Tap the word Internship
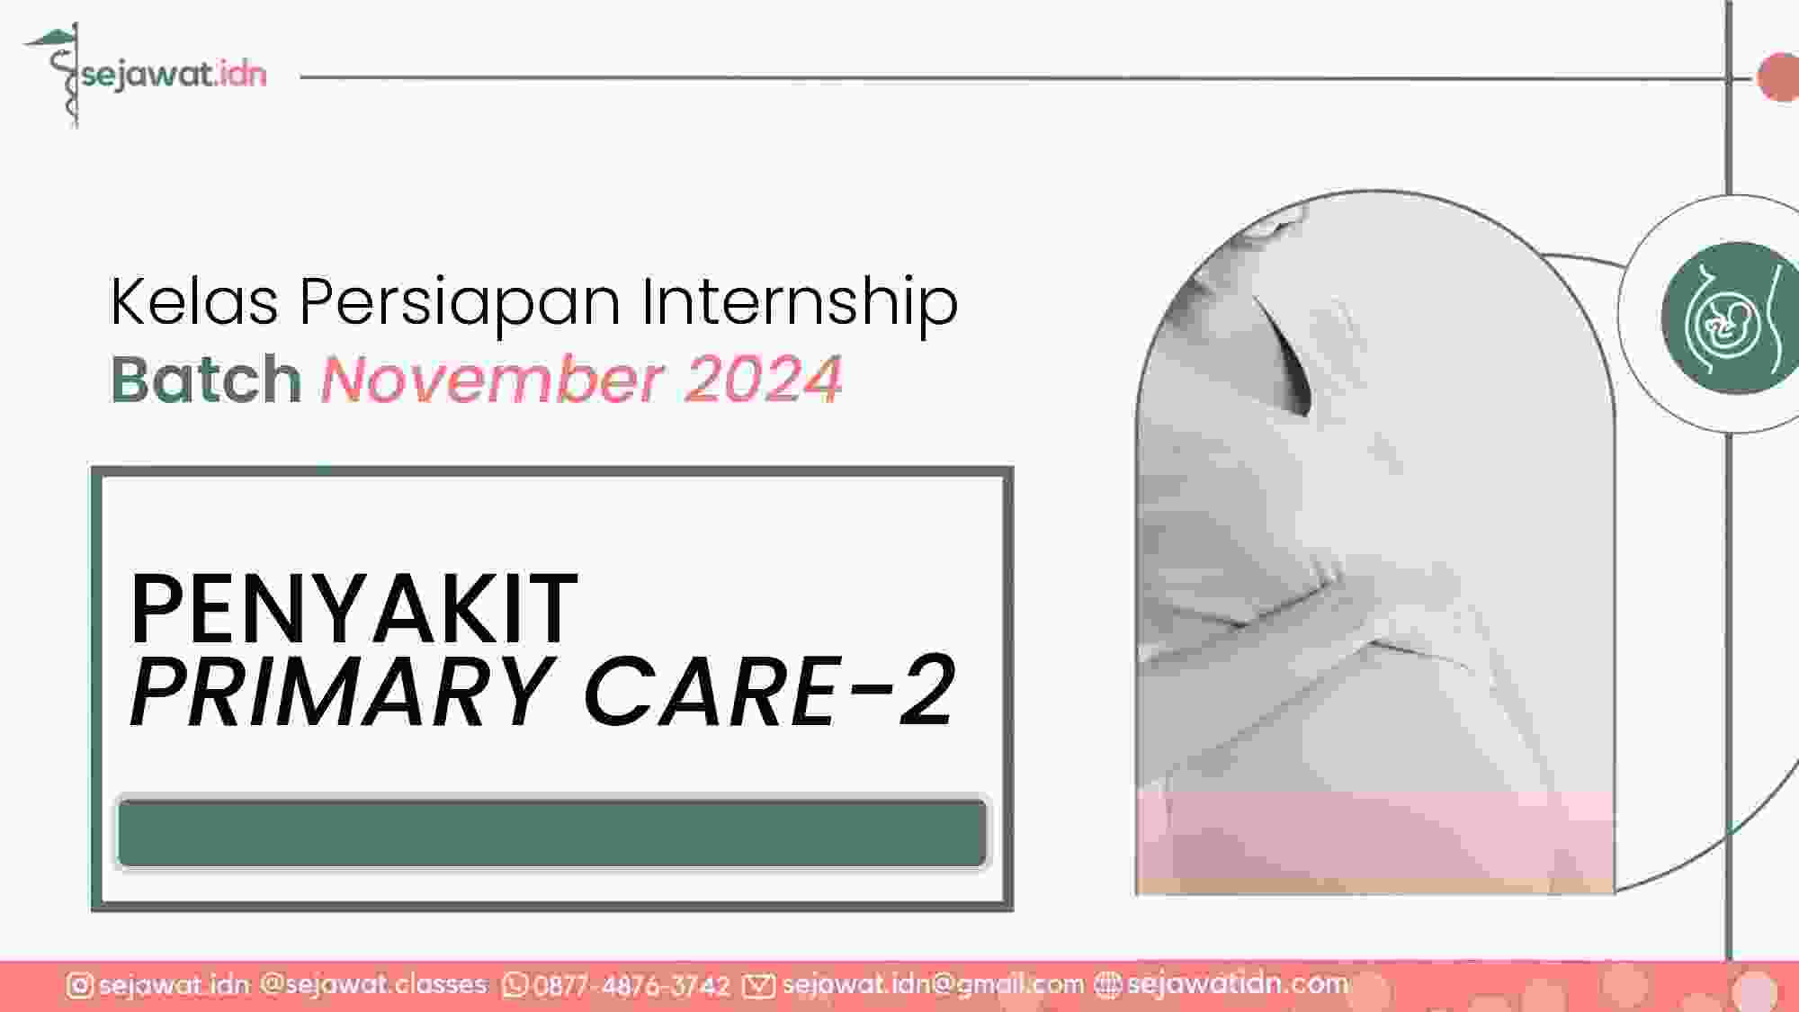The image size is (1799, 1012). pyautogui.click(x=799, y=304)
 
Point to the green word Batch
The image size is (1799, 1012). pyautogui.click(x=205, y=379)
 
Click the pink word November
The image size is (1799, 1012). pyautogui.click(x=491, y=379)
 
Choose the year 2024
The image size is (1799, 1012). pyautogui.click(x=763, y=379)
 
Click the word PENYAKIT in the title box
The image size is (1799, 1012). pyautogui.click(x=354, y=609)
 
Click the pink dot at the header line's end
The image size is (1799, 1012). pyautogui.click(x=1778, y=77)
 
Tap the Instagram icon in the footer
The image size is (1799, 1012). pyautogui.click(x=79, y=986)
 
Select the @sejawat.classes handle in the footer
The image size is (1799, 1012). pyautogui.click(x=373, y=985)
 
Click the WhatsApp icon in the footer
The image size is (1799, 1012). pyautogui.click(x=515, y=986)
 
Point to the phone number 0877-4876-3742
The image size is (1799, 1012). pyautogui.click(x=631, y=987)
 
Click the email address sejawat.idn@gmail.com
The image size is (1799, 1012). pyautogui.click(x=933, y=985)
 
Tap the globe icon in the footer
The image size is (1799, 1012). pyautogui.click(x=1107, y=986)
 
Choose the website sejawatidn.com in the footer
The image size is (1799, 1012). pyautogui.click(x=1237, y=984)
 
